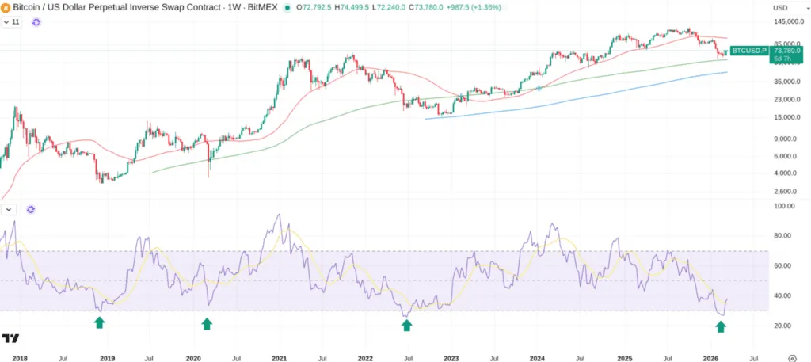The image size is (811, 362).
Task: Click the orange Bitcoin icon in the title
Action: [x=6, y=7]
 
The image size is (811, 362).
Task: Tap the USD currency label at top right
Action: [x=779, y=7]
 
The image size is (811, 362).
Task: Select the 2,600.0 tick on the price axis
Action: [x=786, y=191]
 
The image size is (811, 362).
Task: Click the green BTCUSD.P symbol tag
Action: [x=748, y=51]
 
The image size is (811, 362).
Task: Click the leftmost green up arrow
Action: [x=99, y=322]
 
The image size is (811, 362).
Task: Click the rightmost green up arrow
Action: [x=721, y=326]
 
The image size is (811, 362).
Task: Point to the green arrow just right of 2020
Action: [x=207, y=323]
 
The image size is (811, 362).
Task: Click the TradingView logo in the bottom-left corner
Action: [x=10, y=338]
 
